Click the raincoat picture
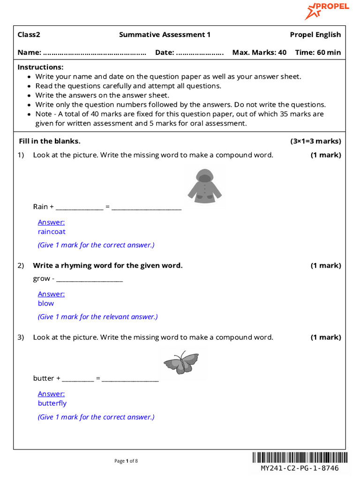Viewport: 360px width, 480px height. pyautogui.click(x=202, y=187)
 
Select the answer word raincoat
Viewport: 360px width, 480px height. pyautogui.click(x=52, y=232)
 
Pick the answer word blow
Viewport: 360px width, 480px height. pyautogui.click(x=46, y=303)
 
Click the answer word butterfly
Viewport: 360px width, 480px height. pyautogui.click(x=52, y=403)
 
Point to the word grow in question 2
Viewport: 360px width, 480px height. pyautogui.click(x=41, y=278)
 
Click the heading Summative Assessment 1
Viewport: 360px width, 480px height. pyautogui.click(x=165, y=35)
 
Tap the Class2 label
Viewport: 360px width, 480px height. pyautogui.click(x=29, y=35)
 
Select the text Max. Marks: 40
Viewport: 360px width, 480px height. pyautogui.click(x=259, y=52)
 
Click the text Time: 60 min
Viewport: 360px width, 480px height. pyautogui.click(x=318, y=52)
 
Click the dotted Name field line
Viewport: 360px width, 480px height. pyautogui.click(x=94, y=53)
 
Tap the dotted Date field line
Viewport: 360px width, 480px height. pyautogui.click(x=200, y=53)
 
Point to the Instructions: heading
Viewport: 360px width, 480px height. pyautogui.click(x=40, y=67)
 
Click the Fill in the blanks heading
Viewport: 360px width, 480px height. pyautogui.click(x=49, y=141)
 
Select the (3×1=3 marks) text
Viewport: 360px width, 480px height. pyautogui.click(x=315, y=141)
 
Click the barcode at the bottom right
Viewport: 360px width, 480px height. pyautogui.click(x=300, y=457)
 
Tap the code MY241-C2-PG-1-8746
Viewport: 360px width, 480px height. pyautogui.click(x=300, y=468)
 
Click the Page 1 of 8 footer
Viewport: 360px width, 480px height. pyautogui.click(x=126, y=461)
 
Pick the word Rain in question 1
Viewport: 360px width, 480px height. pyautogui.click(x=40, y=207)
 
